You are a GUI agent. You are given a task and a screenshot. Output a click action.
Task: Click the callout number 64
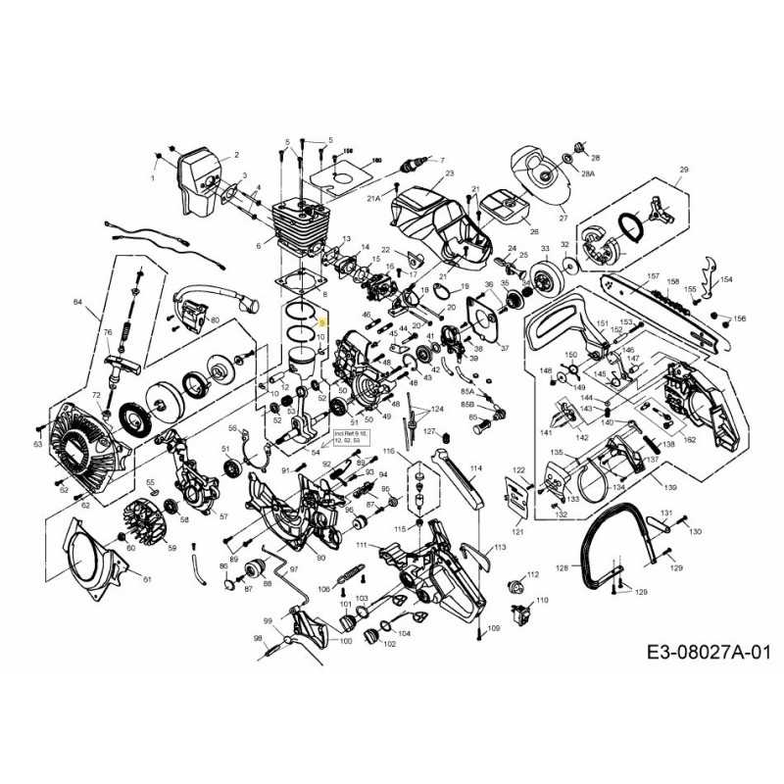pos(77,302)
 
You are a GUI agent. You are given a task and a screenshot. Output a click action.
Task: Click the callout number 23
pos(450,173)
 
